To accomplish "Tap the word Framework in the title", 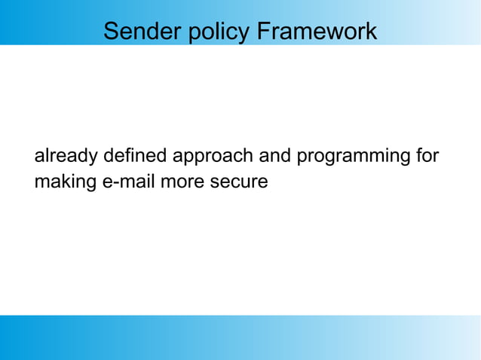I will click(x=317, y=32).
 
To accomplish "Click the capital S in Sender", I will click(x=110, y=32).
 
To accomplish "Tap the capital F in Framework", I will click(x=263, y=32).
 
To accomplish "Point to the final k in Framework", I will click(x=372, y=32).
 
